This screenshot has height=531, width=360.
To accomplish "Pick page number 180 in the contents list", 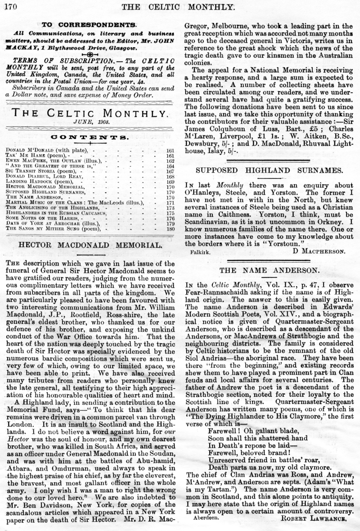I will (170, 229).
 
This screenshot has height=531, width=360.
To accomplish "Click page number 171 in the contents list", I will (170, 202).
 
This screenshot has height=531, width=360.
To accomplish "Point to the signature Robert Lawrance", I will (316, 519).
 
